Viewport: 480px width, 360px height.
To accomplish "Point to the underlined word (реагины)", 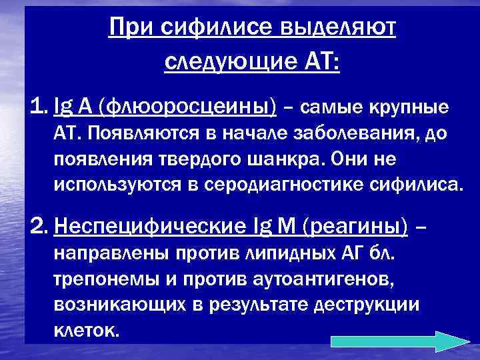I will pos(357,227).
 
